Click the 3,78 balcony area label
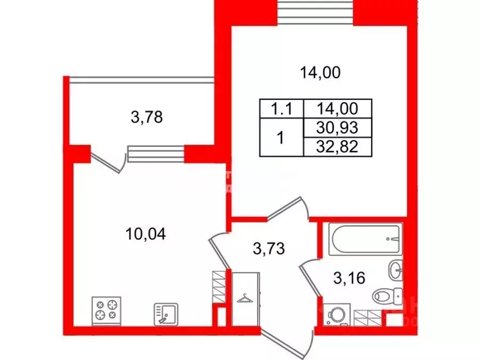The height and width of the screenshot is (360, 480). (146, 116)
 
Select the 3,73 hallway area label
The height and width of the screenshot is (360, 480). (266, 248)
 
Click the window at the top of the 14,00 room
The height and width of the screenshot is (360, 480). (317, 9)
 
